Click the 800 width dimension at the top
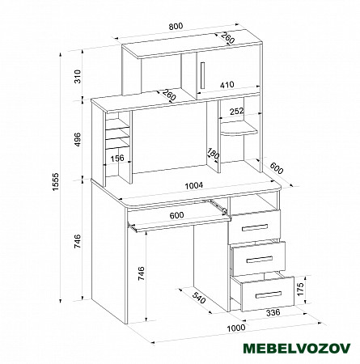(176, 27)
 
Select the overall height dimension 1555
(56, 182)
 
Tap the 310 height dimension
(78, 76)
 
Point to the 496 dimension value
(78, 139)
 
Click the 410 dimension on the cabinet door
(227, 85)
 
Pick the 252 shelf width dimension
(236, 111)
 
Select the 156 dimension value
(117, 158)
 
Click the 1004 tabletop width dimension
(193, 186)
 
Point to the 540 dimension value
(199, 298)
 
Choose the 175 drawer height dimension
(300, 289)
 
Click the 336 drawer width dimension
(273, 313)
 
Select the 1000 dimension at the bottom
(236, 328)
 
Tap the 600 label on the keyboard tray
(176, 215)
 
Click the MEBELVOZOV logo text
(297, 348)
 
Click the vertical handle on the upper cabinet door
(202, 75)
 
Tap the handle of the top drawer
(255, 227)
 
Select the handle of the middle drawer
(260, 260)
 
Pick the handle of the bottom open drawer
(269, 294)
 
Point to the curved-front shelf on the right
(239, 131)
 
